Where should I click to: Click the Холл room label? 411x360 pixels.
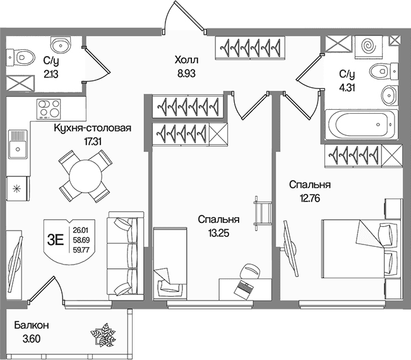pos(186,60)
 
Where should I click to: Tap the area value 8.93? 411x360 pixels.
pos(186,74)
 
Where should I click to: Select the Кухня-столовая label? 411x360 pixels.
pos(92,128)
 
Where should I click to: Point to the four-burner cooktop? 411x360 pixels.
pos(49,109)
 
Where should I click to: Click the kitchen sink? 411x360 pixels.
pos(18,144)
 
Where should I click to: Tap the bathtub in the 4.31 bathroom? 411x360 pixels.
pos(361,124)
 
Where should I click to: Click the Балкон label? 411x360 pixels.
pos(32,325)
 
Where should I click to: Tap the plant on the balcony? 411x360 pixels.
pos(103,335)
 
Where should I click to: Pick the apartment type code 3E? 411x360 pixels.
pos(56,240)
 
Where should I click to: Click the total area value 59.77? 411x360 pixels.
pos(81,249)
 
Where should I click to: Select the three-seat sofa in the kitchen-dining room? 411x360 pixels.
pos(125,256)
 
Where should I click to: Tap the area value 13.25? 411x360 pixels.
pos(218,233)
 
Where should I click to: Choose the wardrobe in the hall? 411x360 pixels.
pos(250,48)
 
